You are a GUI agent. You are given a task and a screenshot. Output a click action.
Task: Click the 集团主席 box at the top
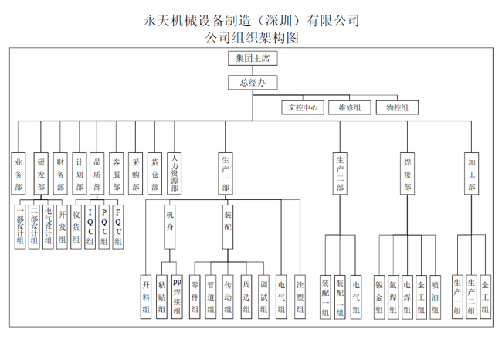[x=253, y=59]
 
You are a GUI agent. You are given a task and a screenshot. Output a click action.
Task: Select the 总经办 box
[x=253, y=83]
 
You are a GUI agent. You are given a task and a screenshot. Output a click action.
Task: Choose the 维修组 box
[x=350, y=108]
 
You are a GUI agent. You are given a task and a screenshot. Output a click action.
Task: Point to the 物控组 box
[x=398, y=108]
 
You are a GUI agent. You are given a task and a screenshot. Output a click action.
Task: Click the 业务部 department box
[x=19, y=171]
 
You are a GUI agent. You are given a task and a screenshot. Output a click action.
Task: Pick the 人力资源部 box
[x=175, y=172]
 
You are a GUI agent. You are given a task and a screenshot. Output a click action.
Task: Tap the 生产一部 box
[x=224, y=172]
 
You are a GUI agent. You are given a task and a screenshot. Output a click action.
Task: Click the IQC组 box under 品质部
[x=90, y=225]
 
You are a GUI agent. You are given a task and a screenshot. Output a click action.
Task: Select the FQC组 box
[x=118, y=225]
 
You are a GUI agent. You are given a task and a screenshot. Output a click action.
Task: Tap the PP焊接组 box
[x=177, y=296]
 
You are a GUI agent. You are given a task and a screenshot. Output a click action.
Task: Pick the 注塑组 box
[x=300, y=296]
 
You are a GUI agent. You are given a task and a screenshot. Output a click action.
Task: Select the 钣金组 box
[x=379, y=296]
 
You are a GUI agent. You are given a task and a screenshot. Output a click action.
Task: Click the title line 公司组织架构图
[x=252, y=36]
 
